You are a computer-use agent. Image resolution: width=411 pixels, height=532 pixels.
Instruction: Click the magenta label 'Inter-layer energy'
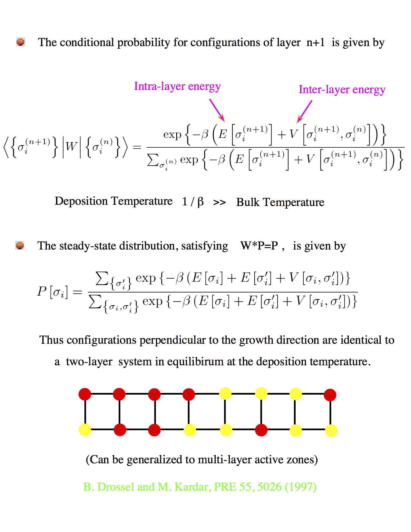(342, 90)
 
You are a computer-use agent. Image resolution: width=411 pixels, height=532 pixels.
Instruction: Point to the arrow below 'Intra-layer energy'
(217, 110)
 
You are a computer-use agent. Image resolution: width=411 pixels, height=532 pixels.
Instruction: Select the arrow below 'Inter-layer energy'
(304, 112)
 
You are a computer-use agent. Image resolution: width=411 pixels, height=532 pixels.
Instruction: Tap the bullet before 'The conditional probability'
(21, 42)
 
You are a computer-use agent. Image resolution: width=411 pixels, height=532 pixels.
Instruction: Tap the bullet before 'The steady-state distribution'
(20, 245)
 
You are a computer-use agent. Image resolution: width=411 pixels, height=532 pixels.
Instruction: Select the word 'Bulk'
(248, 202)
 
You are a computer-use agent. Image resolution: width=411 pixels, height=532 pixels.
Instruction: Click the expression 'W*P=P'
(259, 246)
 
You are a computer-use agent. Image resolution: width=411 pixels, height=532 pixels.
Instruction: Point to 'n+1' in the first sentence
(316, 42)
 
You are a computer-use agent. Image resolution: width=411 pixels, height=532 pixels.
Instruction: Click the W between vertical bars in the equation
(72, 147)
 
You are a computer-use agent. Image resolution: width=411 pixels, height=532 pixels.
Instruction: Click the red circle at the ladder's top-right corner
(330, 395)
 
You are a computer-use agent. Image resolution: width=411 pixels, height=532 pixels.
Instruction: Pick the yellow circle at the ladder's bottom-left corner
(85, 430)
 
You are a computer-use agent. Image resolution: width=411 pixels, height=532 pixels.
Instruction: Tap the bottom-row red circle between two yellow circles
(261, 430)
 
